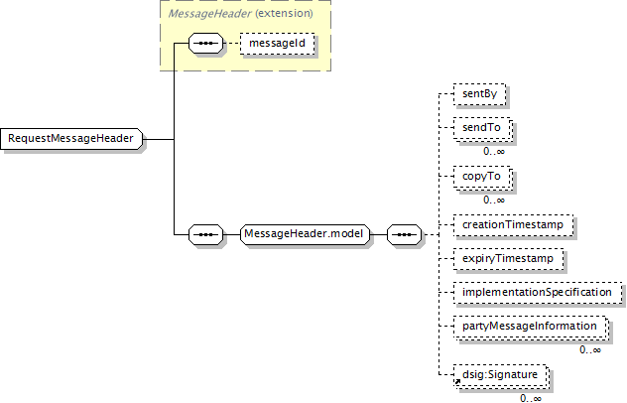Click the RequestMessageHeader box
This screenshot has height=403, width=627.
point(72,138)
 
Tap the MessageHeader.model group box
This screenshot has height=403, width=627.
point(305,235)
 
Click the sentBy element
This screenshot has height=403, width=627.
point(479,95)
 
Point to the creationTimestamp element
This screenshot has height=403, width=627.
point(513,225)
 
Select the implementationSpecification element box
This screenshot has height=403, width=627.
point(537,292)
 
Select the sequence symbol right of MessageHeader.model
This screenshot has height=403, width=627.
point(402,235)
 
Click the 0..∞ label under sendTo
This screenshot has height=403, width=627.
point(494,151)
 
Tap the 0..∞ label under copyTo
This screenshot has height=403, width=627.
point(494,200)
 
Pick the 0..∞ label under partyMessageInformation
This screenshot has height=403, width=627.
point(590,348)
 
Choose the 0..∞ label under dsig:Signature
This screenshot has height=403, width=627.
point(531,398)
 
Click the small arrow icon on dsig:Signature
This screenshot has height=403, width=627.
point(456,381)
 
